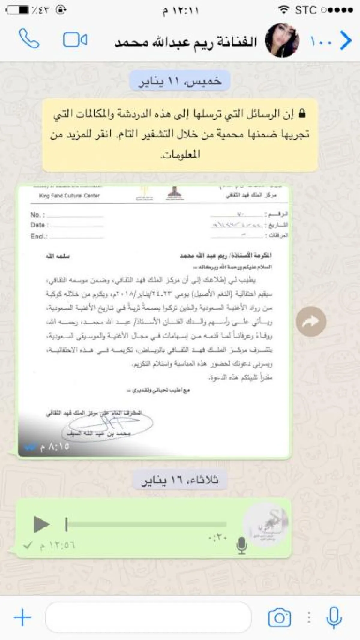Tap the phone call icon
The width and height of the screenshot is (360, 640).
[29, 38]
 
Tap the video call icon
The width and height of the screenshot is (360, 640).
[75, 40]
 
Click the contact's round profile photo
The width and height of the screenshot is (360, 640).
[282, 40]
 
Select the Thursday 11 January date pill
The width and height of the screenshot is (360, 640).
[180, 81]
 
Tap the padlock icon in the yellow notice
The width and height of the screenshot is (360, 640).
[302, 113]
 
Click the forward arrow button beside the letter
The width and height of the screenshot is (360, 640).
[311, 321]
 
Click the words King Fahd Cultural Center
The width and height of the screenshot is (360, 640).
[69, 196]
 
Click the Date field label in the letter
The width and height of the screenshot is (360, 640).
[38, 225]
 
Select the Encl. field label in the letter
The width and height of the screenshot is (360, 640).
[39, 236]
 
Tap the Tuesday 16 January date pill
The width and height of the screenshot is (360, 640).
[180, 480]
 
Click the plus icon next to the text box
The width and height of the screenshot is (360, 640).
[22, 617]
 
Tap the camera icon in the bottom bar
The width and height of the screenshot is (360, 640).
[279, 617]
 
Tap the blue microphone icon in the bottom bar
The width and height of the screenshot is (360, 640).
[334, 617]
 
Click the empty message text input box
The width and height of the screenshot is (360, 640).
[148, 617]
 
